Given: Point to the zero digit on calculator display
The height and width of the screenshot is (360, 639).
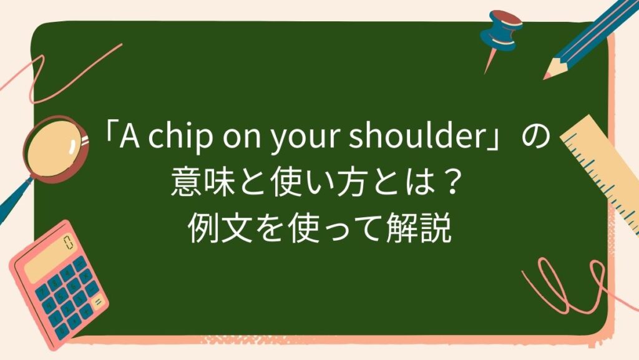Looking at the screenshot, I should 67,240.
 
